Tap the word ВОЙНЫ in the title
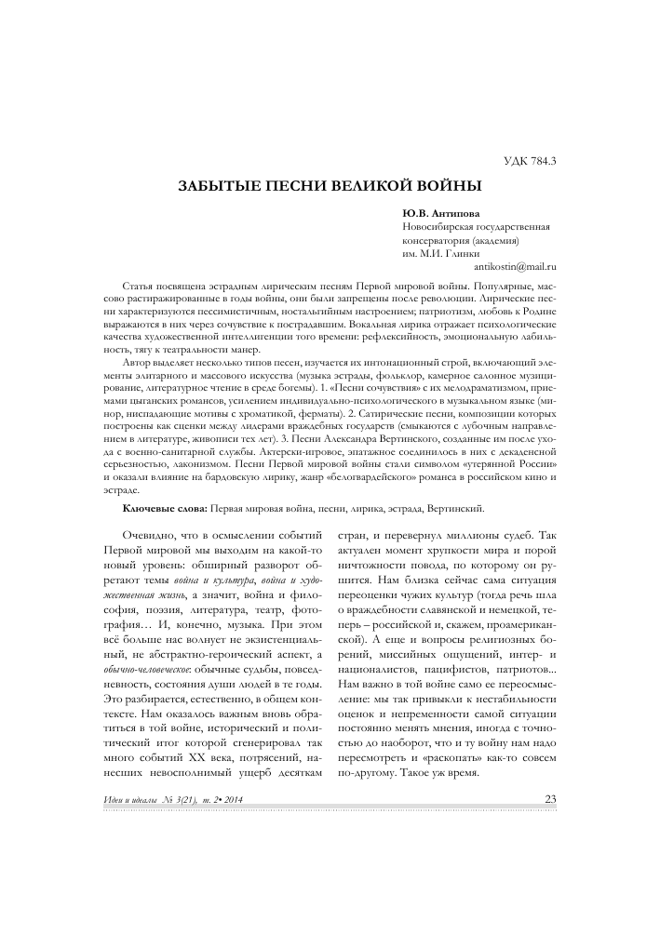[445, 186]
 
